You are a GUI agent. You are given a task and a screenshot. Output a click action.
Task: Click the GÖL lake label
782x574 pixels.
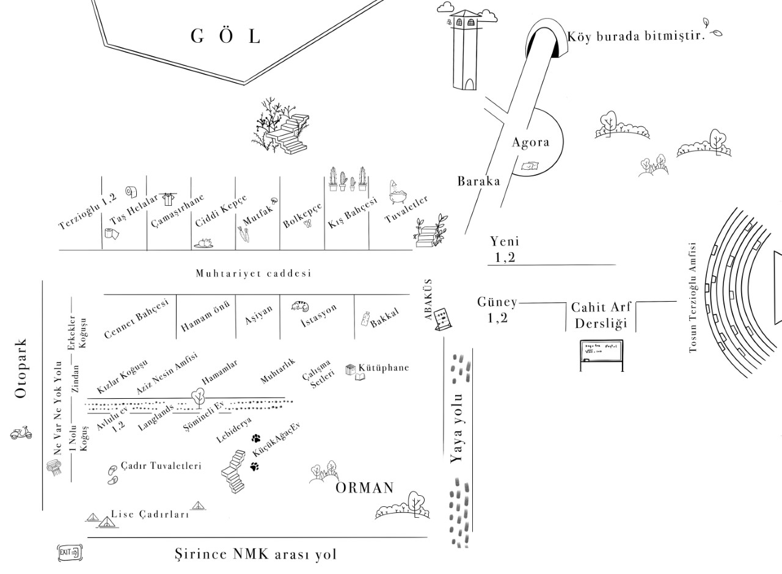click(225, 36)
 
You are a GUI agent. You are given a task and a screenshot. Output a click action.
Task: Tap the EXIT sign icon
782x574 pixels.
click(69, 553)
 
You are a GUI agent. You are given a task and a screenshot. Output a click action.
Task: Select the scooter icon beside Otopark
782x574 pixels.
click(21, 434)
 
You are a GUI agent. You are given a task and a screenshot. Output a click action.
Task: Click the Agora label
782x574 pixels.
click(530, 142)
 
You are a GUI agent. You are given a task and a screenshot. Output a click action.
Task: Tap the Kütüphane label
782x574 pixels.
click(383, 368)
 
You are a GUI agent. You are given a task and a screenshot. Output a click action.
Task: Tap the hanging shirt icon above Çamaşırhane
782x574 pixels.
click(168, 199)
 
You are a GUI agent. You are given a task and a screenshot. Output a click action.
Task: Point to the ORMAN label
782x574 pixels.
click(365, 488)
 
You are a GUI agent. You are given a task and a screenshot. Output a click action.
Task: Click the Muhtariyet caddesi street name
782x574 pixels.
click(253, 273)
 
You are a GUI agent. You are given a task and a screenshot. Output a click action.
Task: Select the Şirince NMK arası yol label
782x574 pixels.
click(255, 554)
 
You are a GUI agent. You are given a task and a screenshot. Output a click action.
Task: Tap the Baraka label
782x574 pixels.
click(478, 181)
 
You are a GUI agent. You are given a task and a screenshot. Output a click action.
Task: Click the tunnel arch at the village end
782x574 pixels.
click(544, 40)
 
